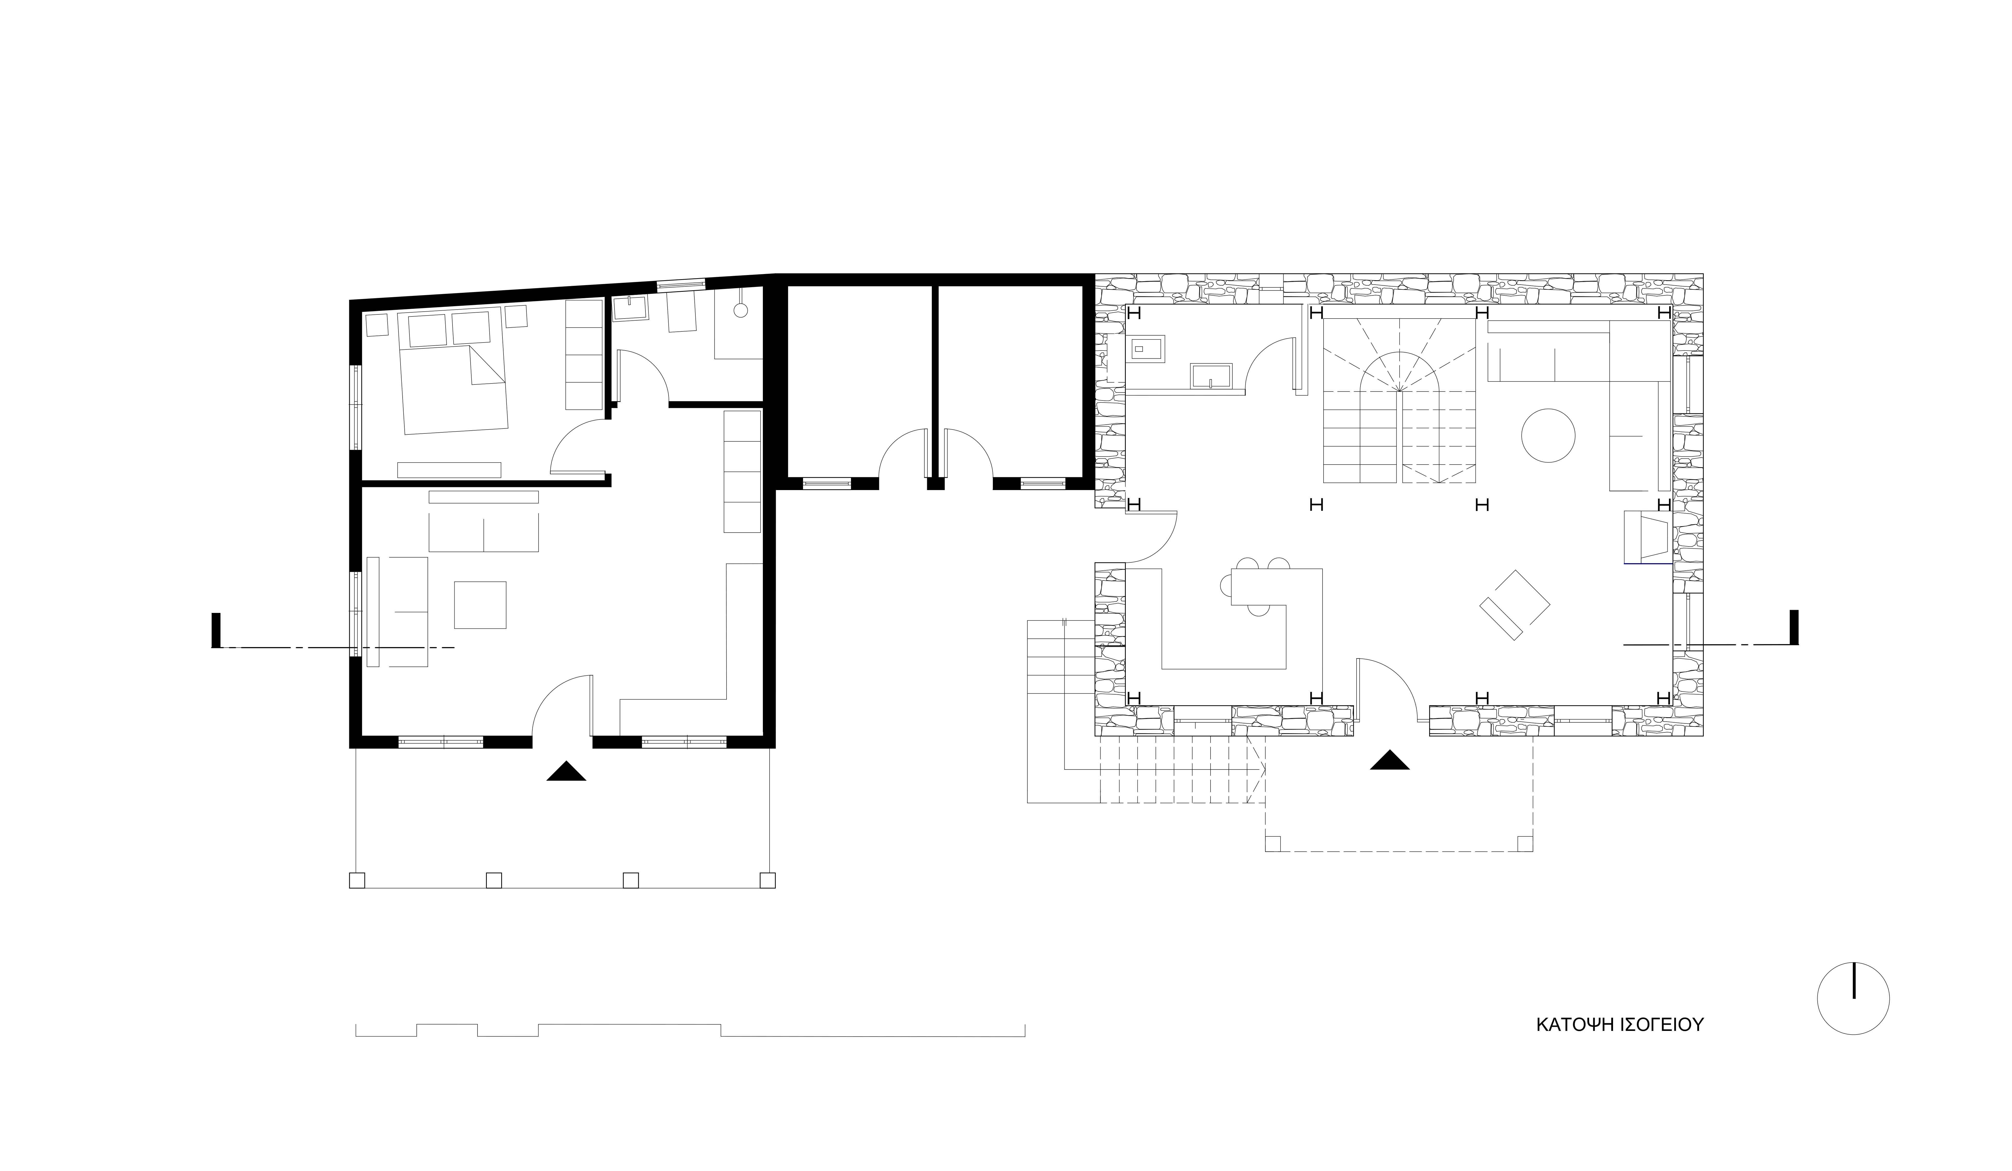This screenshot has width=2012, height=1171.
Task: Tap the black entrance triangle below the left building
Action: [566, 771]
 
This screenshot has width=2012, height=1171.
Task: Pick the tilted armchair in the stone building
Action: [1515, 604]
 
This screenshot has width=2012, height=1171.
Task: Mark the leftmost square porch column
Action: [357, 881]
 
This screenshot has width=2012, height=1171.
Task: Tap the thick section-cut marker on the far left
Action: [215, 630]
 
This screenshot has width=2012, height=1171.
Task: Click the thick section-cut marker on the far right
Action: [1794, 627]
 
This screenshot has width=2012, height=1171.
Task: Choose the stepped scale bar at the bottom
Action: [690, 1030]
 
